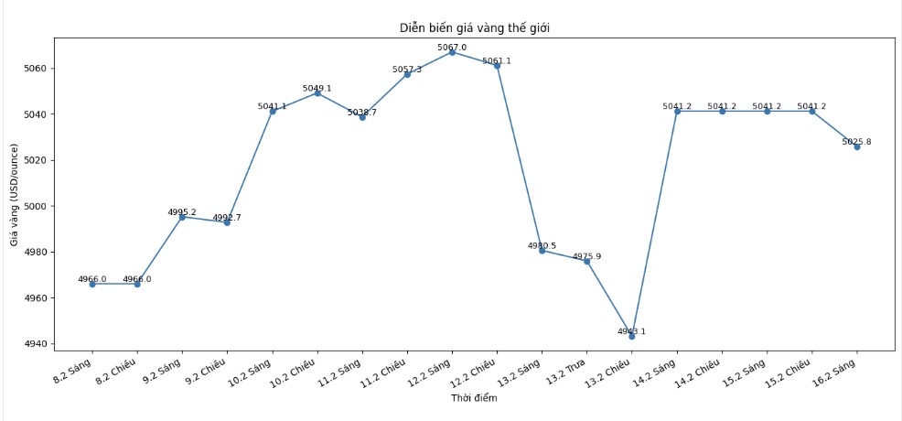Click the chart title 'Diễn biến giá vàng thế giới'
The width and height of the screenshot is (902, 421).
[x=474, y=28]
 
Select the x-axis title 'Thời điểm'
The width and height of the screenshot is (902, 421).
[x=474, y=398]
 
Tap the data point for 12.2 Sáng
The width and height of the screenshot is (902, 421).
[x=452, y=52]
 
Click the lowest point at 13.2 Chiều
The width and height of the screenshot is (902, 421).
[x=632, y=336]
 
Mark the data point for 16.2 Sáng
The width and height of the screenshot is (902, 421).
[x=857, y=146]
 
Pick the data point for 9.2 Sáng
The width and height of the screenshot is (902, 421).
[x=182, y=217]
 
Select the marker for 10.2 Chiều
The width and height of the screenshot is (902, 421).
[x=317, y=93]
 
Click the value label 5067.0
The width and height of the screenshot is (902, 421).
[x=452, y=47]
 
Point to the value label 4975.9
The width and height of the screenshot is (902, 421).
[x=587, y=256]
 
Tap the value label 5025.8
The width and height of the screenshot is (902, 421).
[x=857, y=142]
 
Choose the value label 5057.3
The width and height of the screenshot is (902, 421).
[x=407, y=70]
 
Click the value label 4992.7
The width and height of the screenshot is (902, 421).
[x=227, y=218]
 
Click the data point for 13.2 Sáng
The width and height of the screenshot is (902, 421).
[x=542, y=251]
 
